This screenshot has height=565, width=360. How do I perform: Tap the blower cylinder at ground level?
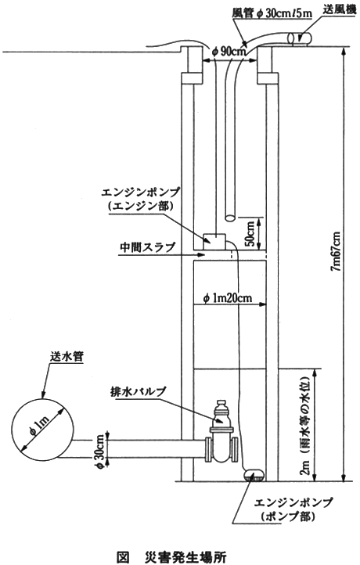click(301, 38)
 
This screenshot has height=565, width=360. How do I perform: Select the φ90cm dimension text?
click(230, 52)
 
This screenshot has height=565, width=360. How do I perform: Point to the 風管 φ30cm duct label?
click(272, 13)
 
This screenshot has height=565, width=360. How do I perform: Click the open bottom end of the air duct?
click(230, 218)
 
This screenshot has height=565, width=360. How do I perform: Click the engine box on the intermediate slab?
click(214, 241)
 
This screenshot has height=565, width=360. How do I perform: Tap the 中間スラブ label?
click(147, 247)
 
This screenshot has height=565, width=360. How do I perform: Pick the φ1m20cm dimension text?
click(227, 298)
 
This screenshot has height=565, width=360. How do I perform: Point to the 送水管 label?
click(67, 357)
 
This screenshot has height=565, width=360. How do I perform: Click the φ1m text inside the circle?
click(41, 426)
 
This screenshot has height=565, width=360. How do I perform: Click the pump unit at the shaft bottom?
click(255, 474)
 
